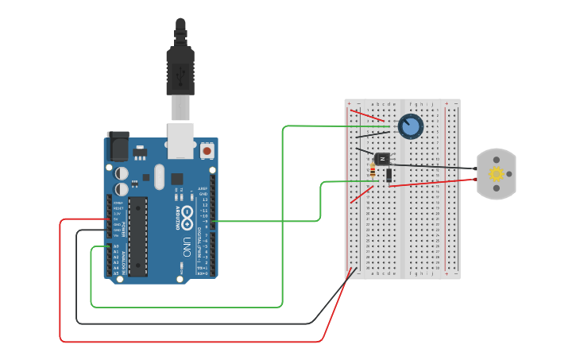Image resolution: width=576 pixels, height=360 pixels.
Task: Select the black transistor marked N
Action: pos(383,159)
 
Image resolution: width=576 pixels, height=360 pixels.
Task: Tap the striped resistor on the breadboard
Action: pos(373,171)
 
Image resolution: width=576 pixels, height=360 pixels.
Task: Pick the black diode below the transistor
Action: pos(389,175)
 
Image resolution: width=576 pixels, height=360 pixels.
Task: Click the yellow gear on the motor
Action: pos(497,174)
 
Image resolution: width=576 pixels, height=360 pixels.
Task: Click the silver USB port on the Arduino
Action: pos(180,137)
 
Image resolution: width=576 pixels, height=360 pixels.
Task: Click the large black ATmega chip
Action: pos(137,236)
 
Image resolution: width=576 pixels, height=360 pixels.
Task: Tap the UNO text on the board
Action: pos(187,242)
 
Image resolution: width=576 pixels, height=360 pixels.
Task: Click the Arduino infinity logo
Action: pos(187,214)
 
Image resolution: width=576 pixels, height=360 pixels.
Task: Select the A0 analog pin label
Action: pos(116,246)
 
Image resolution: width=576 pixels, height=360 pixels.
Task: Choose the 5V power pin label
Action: pos(117,219)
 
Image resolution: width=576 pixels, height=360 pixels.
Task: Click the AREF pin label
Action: pos(203,189)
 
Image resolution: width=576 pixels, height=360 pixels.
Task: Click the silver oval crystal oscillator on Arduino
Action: pos(159,176)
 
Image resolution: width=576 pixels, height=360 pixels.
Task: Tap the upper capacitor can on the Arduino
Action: pos(122,172)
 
